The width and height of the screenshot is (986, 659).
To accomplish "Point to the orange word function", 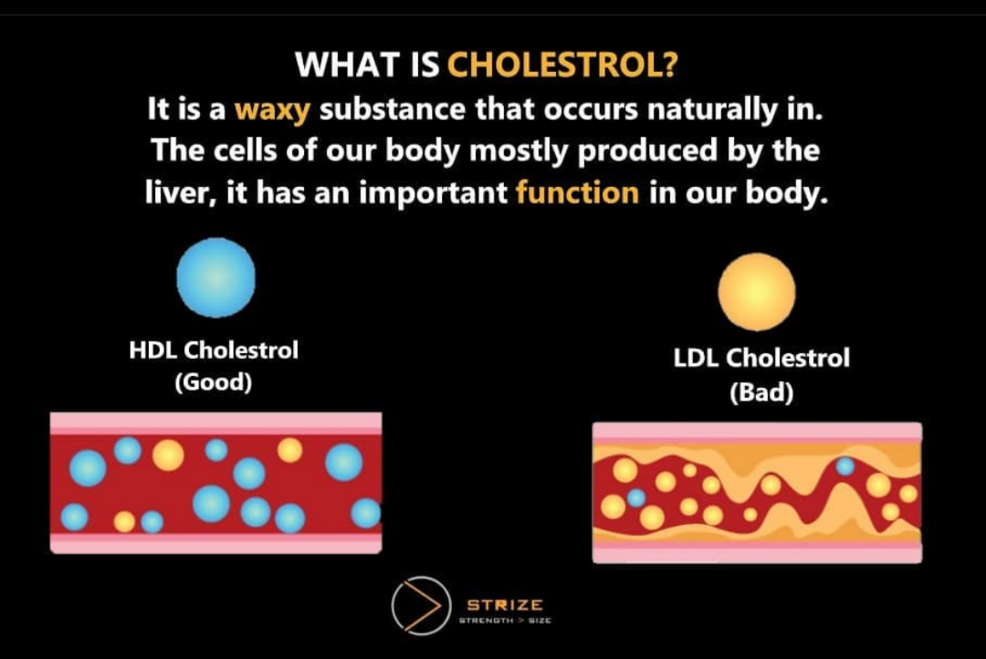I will pos(577,194).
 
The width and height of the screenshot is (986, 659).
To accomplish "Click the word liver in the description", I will pos(177,194).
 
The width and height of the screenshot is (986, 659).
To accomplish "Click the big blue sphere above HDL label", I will pos(215,277).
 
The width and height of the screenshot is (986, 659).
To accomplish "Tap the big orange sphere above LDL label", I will pos(756,292).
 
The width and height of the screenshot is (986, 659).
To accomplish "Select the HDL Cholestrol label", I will pos(214,350).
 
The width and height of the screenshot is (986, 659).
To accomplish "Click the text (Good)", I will pos(214,382).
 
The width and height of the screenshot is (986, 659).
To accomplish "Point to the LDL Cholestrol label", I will pos(761,359).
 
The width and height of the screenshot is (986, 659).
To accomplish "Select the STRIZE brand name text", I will pos(505,604).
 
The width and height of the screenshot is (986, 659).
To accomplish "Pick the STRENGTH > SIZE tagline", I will pos(505,622).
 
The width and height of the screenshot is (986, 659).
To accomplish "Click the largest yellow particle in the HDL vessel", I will pos(168,455).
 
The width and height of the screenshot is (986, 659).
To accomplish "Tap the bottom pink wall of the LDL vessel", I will pos(757,554).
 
